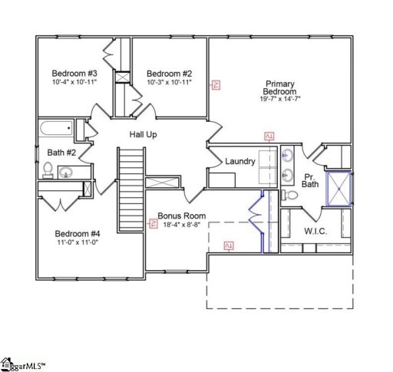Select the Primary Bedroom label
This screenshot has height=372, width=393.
[280, 88]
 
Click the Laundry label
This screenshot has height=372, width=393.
[239, 161]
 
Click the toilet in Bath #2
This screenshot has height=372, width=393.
[48, 170]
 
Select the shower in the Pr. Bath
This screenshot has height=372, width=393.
[339, 189]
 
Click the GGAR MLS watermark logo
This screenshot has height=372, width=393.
[24, 362]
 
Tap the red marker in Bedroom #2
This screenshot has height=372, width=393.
[216, 85]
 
